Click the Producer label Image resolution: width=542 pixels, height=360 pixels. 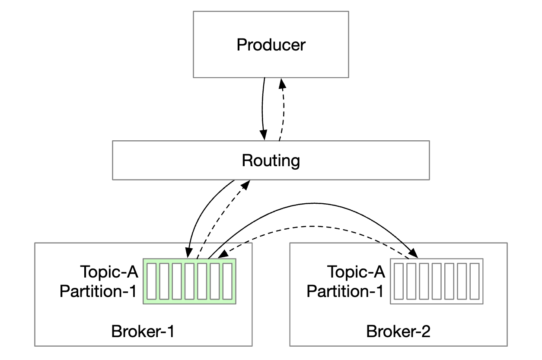pos(271,45)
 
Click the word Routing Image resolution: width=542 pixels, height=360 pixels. pos(271,160)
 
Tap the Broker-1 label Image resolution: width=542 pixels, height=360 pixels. pos(143,332)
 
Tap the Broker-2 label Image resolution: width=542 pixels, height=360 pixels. pos(398,332)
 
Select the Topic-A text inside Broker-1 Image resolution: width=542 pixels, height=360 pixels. pos(109,272)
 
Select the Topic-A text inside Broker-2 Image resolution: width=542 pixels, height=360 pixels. pos(356,272)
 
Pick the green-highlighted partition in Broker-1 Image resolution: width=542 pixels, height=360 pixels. pos(189,281)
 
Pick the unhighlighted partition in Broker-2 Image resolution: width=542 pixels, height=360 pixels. pos(436,281)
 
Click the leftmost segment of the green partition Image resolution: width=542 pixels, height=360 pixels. pos(150,281)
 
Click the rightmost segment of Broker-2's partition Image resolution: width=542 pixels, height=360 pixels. pos(474,281)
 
